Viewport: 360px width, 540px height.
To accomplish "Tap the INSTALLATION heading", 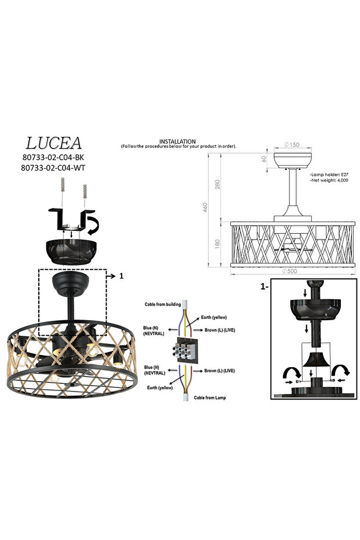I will point(177,142).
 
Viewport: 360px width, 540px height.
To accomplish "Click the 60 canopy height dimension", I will point(264,158).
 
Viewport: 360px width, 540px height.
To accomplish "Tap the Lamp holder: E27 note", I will point(330,175).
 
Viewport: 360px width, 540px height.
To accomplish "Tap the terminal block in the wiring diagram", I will point(184,351).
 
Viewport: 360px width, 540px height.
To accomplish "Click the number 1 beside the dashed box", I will point(121,277).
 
